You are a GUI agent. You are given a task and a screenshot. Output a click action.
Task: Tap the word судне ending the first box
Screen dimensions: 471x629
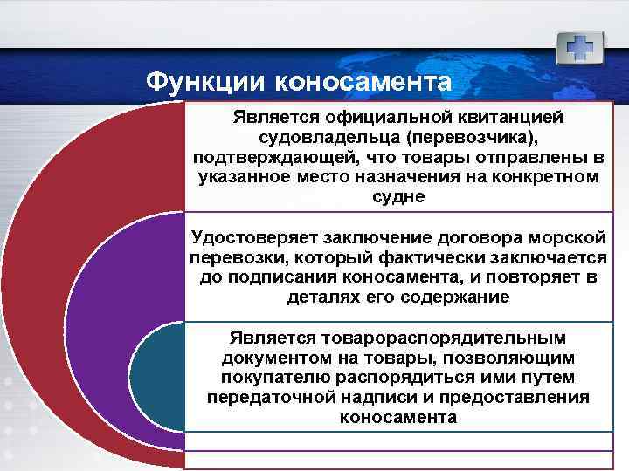(397, 197)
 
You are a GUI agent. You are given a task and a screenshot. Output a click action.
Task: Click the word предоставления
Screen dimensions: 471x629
(519, 398)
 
